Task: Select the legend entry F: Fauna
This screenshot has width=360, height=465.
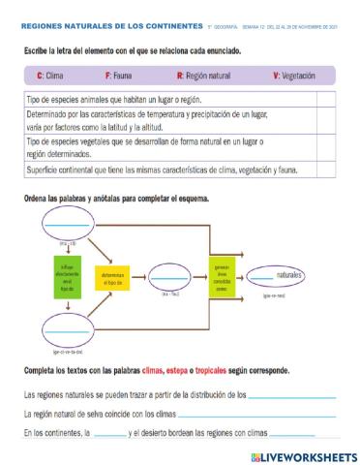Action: tap(121, 74)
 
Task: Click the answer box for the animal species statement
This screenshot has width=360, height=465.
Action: tap(325, 98)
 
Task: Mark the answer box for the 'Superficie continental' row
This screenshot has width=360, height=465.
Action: tap(325, 170)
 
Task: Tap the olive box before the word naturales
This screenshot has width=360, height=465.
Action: tap(221, 275)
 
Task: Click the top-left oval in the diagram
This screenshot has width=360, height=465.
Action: tap(64, 228)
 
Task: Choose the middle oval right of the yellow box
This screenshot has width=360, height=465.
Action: tap(177, 277)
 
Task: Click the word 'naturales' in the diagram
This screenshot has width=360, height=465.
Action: tap(285, 275)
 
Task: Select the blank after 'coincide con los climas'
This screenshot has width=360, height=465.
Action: tap(258, 414)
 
